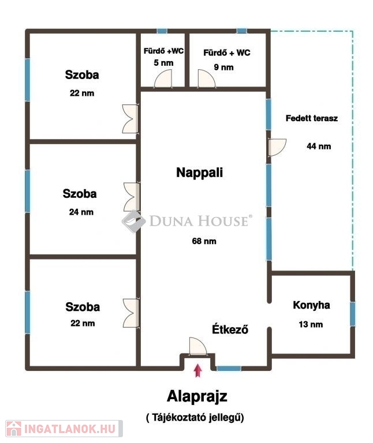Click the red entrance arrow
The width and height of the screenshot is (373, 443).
click(x=198, y=370)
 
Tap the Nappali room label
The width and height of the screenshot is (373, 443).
click(x=199, y=172)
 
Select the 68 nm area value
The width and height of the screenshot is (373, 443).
click(x=204, y=241)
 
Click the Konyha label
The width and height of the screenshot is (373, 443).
click(x=311, y=305)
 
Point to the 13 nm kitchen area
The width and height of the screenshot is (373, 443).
click(x=311, y=324)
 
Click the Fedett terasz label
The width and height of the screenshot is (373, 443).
click(x=312, y=118)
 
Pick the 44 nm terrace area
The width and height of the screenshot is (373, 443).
click(x=319, y=146)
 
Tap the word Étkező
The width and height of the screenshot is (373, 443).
click(x=230, y=329)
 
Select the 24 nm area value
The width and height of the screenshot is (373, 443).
click(x=81, y=212)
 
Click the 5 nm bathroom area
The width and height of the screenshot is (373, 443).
click(x=163, y=63)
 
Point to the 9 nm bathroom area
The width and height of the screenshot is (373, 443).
click(x=223, y=67)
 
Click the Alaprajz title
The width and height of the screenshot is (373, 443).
click(x=197, y=397)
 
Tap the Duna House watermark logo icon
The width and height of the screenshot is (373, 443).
click(x=133, y=221)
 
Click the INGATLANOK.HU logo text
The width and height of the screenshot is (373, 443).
click(x=70, y=429)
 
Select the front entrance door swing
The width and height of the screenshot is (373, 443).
click(x=197, y=346)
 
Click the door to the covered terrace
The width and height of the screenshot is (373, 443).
click(x=277, y=147)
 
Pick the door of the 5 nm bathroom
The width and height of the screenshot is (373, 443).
click(x=163, y=78)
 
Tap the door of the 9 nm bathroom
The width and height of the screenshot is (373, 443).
click(x=207, y=78)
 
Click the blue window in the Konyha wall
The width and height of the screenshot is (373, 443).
click(x=352, y=314)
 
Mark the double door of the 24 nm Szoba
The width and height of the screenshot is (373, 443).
click(x=132, y=197)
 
